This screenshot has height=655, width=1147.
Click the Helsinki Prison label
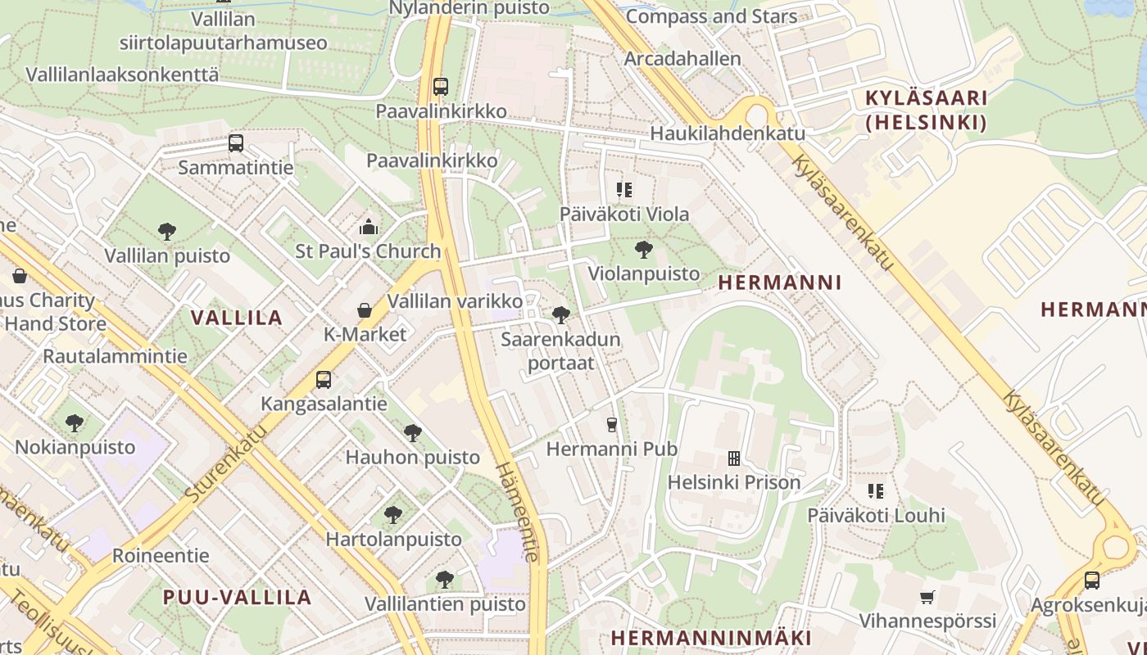(x=734, y=482)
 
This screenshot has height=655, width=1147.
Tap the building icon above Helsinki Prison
(x=734, y=458)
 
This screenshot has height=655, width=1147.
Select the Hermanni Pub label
(x=611, y=449)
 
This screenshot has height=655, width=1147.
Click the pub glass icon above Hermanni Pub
(x=611, y=424)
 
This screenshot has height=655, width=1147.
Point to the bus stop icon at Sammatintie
(x=236, y=143)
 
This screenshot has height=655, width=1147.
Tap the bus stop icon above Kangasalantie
(x=324, y=380)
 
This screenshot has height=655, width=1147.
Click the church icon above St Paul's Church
(x=369, y=227)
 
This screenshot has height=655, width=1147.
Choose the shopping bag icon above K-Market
(x=365, y=310)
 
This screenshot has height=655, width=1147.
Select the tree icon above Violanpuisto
(x=644, y=250)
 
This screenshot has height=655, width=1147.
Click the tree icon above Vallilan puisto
(x=167, y=232)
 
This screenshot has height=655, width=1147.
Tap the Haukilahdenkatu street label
(x=728, y=133)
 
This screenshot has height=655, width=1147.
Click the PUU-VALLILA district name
(x=238, y=597)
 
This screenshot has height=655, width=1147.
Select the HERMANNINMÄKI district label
(x=711, y=638)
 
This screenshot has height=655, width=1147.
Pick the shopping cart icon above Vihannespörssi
(x=927, y=597)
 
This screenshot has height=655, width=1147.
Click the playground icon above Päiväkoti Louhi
(x=876, y=491)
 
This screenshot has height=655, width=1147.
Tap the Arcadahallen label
(x=682, y=59)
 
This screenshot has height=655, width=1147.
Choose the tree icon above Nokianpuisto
(x=75, y=423)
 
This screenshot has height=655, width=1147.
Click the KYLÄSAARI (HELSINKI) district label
(x=927, y=111)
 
